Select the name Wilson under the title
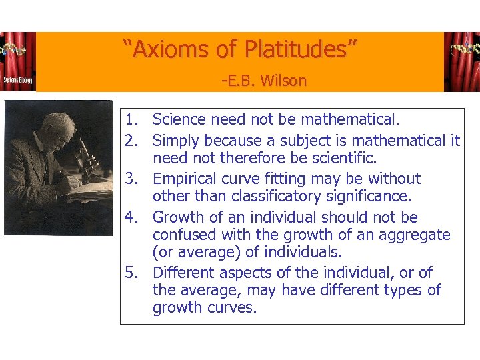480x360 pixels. [284, 81]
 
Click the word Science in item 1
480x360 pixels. [179, 120]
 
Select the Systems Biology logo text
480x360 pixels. [17, 80]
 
